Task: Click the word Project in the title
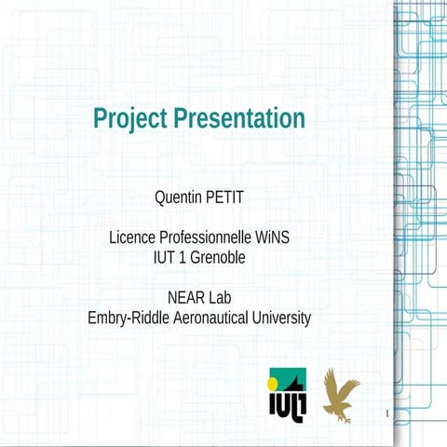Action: pos(130,119)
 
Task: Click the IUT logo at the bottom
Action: pos(287,395)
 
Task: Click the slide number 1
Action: pos(385,412)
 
